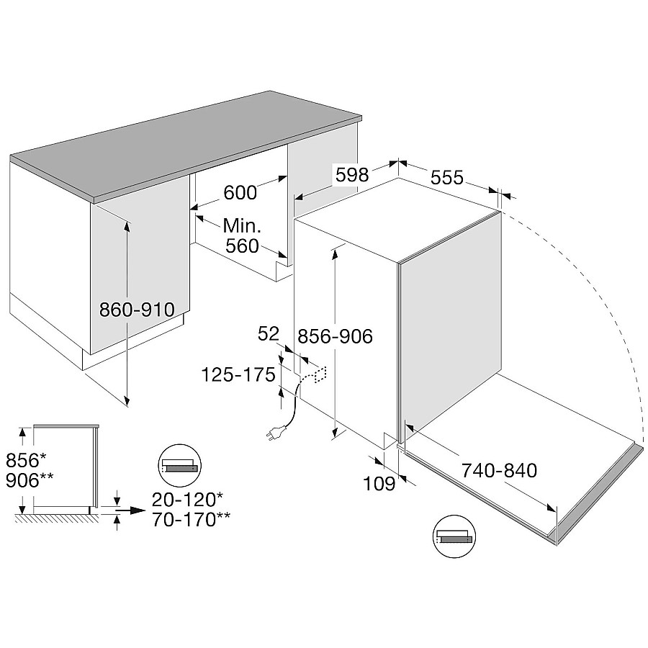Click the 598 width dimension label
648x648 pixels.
click(351, 175)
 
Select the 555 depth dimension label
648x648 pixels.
click(446, 177)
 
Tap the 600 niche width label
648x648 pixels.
click(240, 192)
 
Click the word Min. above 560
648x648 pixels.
click(242, 225)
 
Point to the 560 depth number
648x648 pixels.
click(242, 246)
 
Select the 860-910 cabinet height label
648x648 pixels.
click(138, 309)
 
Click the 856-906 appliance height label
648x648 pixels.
click(335, 336)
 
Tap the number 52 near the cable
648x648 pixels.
click(269, 334)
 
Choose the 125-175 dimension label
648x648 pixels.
click(238, 375)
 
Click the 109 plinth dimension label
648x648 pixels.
click(379, 483)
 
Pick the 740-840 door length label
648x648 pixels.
click(499, 470)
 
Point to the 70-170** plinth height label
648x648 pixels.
click(192, 520)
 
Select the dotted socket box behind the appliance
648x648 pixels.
click(321, 374)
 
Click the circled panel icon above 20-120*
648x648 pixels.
click(180, 466)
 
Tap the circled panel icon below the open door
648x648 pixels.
click(454, 536)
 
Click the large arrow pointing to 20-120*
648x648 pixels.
click(130, 510)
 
